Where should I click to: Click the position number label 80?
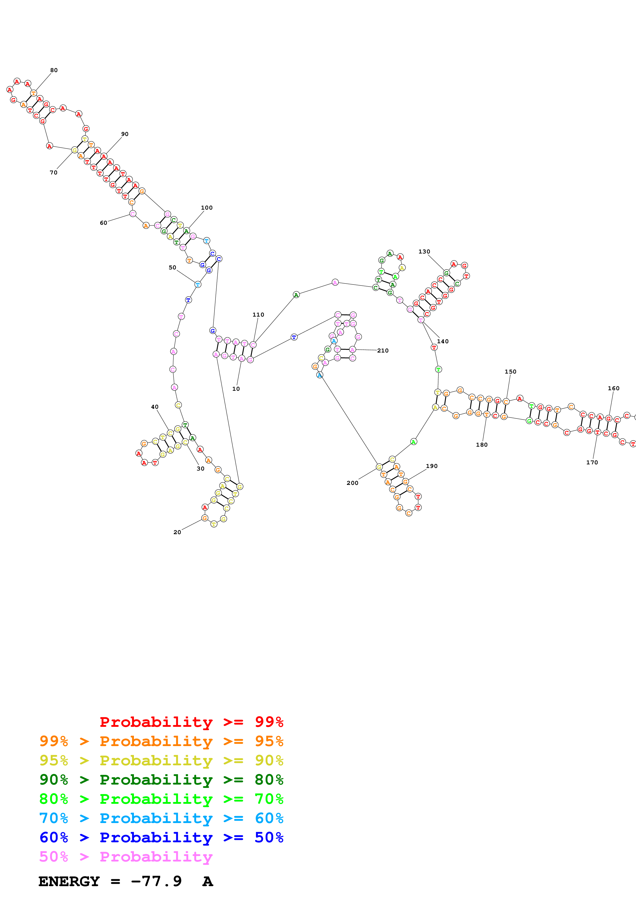point(54,70)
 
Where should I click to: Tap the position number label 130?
point(424,252)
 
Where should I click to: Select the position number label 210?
point(383,350)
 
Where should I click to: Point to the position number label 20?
point(177,532)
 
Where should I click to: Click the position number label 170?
point(592,463)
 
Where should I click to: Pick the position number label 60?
point(103,223)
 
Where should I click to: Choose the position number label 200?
point(352,483)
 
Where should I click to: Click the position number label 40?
point(155,407)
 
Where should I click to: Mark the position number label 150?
point(510,371)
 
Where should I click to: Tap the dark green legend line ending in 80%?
point(161,780)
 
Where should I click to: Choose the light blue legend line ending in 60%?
point(161,818)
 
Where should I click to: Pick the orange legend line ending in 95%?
point(161,741)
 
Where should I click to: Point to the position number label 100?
point(207,208)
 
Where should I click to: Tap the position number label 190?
point(432,466)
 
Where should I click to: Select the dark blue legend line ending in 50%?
point(161,837)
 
